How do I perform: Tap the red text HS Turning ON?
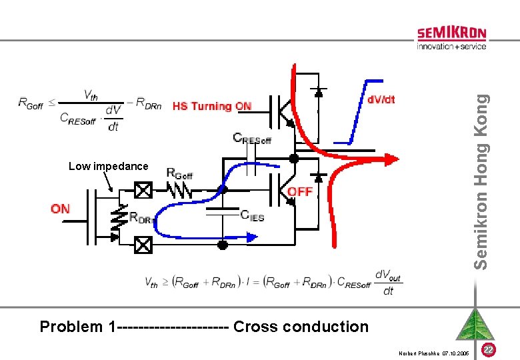211,106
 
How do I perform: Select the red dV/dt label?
381,99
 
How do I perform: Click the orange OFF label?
300,191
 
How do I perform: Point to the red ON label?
60,209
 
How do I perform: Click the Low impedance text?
109,166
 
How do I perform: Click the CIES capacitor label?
252,215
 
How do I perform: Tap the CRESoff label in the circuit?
252,138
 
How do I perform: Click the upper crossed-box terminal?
143,191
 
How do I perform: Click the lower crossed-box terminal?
143,245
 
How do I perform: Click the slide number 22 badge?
488,349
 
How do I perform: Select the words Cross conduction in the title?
301,327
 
